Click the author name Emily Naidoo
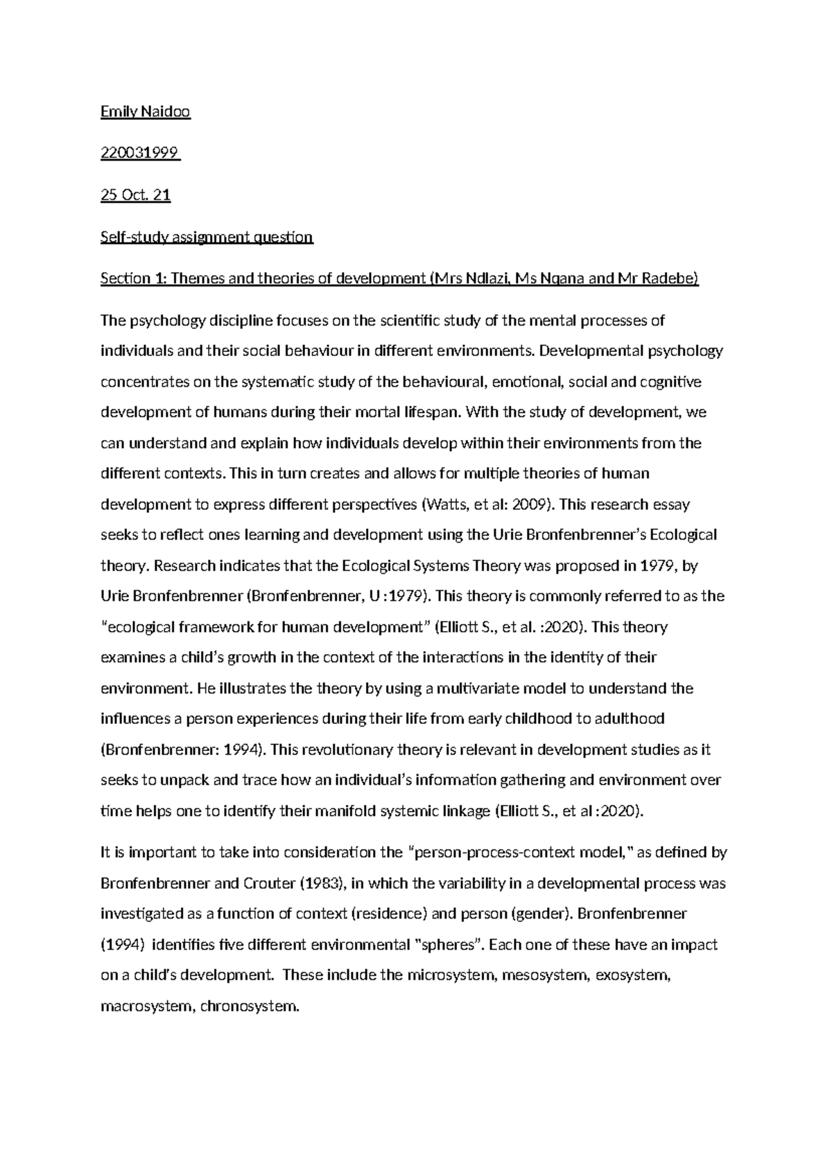145,112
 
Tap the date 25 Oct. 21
135,195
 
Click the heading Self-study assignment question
207,237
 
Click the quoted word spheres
451,945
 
